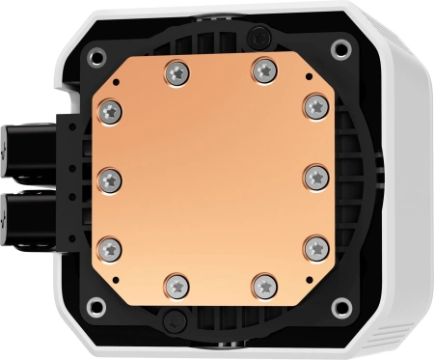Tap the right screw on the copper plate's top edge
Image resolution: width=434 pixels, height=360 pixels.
pos(263,69)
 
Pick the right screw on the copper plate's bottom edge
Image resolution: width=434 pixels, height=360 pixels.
pos(264,284)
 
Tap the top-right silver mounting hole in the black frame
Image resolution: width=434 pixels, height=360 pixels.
pos(340,48)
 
